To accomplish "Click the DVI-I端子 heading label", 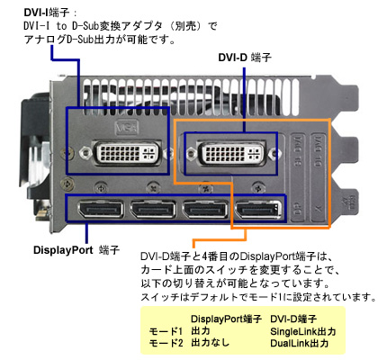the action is (47, 13).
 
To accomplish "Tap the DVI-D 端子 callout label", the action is (245, 58).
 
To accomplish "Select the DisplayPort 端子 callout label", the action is (76, 250).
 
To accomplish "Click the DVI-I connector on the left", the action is (127, 153).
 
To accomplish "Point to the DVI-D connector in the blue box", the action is (230, 153).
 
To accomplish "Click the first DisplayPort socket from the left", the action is (100, 210).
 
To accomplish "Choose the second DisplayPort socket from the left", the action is (153, 210).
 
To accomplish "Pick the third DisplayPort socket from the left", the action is (205, 210).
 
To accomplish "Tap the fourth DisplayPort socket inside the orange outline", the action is (258, 210).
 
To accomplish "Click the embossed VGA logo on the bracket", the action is (127, 128).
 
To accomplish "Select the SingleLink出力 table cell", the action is (302, 331).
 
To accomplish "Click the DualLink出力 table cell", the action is (299, 343).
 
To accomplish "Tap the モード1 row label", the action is (166, 331).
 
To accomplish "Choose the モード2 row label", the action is (166, 343).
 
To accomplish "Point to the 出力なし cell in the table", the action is (210, 343).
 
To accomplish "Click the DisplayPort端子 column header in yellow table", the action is (226, 319).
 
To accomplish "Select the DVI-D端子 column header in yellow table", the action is (293, 319).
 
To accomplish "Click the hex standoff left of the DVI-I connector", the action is (85, 153).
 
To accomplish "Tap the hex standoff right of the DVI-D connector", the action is (274, 154).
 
